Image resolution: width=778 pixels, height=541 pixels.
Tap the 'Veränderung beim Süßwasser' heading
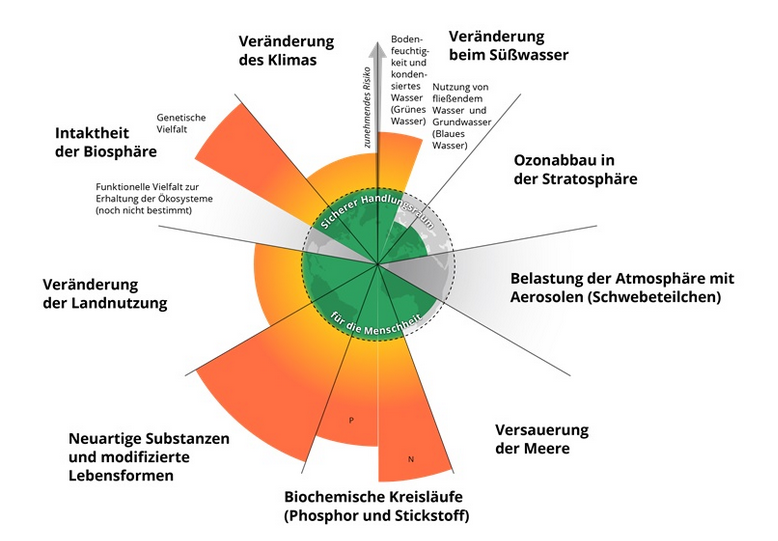tap(508, 45)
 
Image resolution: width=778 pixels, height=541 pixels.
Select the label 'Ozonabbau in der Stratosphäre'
tap(574, 169)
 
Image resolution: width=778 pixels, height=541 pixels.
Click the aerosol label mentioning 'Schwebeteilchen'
tap(622, 288)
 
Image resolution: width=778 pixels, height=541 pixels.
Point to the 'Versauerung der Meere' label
tap(542, 439)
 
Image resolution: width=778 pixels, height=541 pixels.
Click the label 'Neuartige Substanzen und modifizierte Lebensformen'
tap(149, 456)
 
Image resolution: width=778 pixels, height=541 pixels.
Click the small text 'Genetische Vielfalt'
tap(181, 123)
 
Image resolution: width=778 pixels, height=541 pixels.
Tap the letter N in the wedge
tap(410, 459)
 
